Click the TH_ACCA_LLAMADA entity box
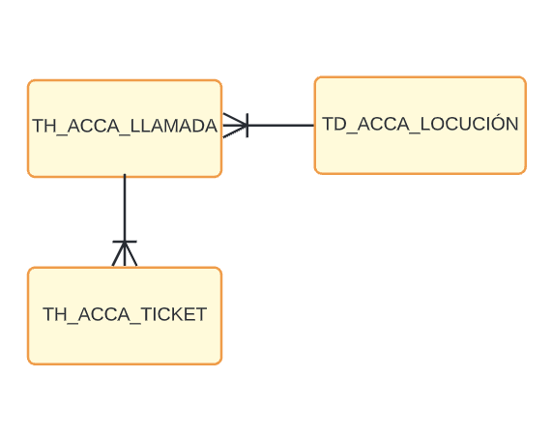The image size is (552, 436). (125, 129)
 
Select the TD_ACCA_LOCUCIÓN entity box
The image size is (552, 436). (421, 126)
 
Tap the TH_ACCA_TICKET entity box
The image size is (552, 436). (125, 316)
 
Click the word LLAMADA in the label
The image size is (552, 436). (174, 126)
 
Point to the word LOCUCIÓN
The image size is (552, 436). (469, 123)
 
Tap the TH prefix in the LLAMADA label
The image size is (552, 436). (42, 126)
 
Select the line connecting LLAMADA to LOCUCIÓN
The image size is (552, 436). (269, 125)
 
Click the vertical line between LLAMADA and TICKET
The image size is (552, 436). (125, 220)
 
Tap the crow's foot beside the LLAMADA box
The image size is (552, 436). (235, 126)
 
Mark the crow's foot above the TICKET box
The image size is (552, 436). (125, 254)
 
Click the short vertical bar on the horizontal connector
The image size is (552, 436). (247, 126)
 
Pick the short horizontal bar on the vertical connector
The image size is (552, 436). (125, 242)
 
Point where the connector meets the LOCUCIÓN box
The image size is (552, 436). (314, 125)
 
